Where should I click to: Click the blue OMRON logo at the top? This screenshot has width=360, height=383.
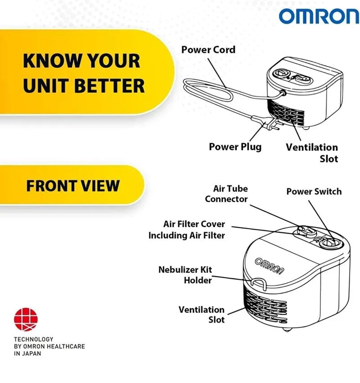click(x=319, y=16)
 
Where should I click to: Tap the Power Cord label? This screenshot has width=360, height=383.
click(x=208, y=49)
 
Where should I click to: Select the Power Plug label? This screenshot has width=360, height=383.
click(x=235, y=147)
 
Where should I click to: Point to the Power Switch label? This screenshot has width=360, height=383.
click(x=314, y=191)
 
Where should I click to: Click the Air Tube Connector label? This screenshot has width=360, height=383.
click(x=226, y=194)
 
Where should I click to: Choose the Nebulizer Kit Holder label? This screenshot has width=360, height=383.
click(x=185, y=275)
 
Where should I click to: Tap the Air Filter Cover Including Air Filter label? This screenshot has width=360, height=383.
click(x=187, y=230)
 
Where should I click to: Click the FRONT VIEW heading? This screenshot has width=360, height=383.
click(x=73, y=186)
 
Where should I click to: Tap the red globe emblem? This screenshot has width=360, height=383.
click(x=26, y=319)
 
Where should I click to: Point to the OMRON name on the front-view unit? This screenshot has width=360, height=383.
click(x=270, y=266)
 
